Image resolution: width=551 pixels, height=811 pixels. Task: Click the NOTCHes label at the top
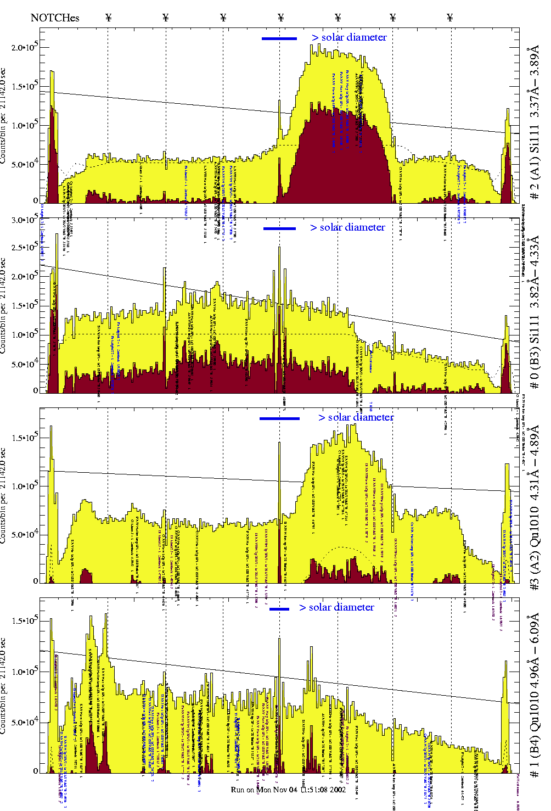click(x=55, y=18)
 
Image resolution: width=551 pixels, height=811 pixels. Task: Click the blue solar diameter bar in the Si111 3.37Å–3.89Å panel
click(x=279, y=38)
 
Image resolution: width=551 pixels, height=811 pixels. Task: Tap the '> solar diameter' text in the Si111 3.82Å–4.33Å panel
click(x=347, y=227)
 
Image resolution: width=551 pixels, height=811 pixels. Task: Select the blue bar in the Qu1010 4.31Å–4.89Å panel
click(x=279, y=418)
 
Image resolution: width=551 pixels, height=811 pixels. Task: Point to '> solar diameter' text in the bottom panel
click(x=337, y=607)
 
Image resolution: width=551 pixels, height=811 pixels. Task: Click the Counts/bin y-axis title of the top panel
click(x=4, y=115)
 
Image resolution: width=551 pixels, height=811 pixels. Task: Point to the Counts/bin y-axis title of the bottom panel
click(x=4, y=686)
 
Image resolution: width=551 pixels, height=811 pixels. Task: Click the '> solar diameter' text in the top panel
click(x=349, y=37)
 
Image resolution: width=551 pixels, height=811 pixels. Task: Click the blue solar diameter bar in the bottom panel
click(x=279, y=609)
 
